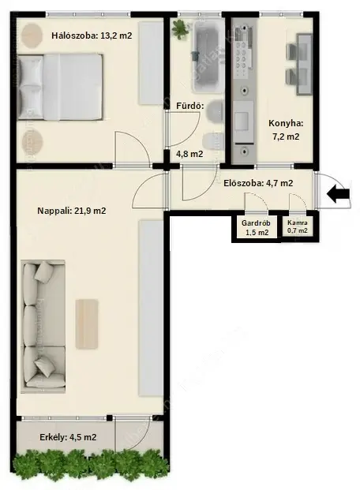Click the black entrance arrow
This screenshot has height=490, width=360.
point(338,193)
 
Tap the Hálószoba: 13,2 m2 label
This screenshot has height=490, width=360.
point(92,36)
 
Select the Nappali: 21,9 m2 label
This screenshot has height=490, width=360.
point(72,211)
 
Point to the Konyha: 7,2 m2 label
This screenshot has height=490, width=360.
point(286,129)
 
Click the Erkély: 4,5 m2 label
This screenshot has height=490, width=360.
point(68,437)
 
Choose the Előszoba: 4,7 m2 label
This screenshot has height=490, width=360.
point(258,183)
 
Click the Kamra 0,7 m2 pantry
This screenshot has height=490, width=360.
point(298,227)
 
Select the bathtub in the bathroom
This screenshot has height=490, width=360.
point(206,56)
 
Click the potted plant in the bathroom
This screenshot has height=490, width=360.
point(180,29)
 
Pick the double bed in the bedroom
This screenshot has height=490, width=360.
point(60,87)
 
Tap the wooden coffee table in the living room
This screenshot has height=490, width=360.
point(87,324)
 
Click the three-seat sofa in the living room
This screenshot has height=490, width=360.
point(43,327)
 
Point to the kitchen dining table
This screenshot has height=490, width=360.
point(304,64)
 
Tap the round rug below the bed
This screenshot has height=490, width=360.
point(32,143)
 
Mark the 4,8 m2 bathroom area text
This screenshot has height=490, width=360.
point(189,154)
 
